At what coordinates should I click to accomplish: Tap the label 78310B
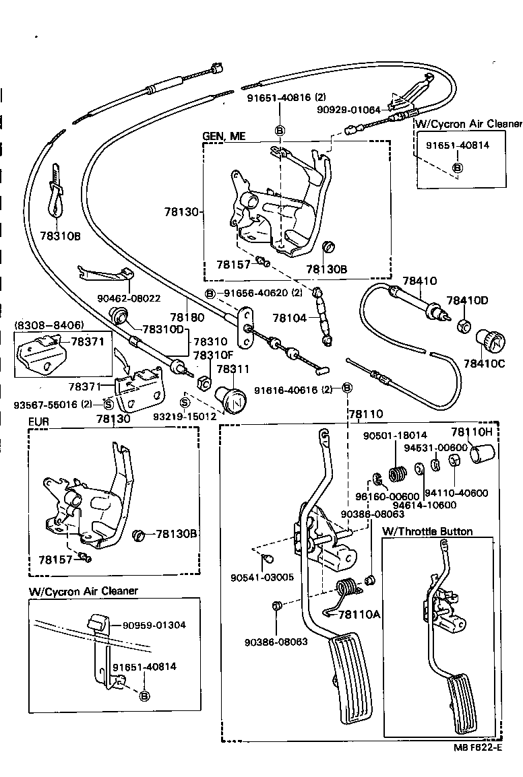[60, 236]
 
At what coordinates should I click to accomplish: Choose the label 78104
[288, 317]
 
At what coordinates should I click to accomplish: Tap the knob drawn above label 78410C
[487, 337]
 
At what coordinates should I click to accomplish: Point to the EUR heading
[38, 422]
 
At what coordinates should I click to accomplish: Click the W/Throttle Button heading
[427, 531]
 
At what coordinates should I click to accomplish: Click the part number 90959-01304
[154, 625]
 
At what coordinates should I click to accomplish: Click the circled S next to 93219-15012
[185, 402]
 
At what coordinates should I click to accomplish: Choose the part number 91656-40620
[254, 293]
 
